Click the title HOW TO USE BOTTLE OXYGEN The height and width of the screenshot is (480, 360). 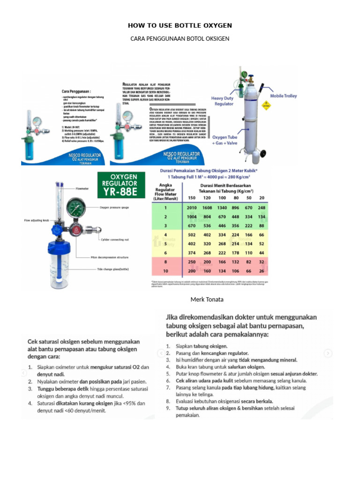(x=180, y=25)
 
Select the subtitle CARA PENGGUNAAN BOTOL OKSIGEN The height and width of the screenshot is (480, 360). (x=180, y=38)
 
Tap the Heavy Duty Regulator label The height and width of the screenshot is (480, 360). (x=222, y=101)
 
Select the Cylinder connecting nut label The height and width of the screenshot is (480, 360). (x=115, y=240)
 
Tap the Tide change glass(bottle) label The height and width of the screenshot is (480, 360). (x=112, y=269)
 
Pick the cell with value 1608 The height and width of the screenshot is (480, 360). (x=207, y=208)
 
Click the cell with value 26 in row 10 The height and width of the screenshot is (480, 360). (x=262, y=270)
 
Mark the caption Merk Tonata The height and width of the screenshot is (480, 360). (x=207, y=299)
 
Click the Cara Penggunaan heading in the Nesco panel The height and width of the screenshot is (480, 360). (x=76, y=91)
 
